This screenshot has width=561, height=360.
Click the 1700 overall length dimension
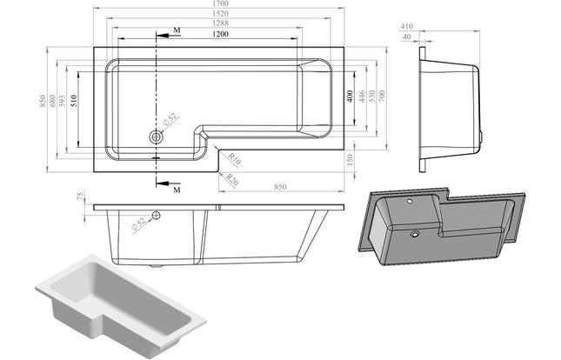coord(209,7)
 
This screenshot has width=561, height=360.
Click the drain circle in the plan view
coord(157,137)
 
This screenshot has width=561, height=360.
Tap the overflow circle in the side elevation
coord(157,216)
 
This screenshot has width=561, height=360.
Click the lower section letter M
coord(177,188)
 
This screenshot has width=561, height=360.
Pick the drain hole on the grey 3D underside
coord(414,232)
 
